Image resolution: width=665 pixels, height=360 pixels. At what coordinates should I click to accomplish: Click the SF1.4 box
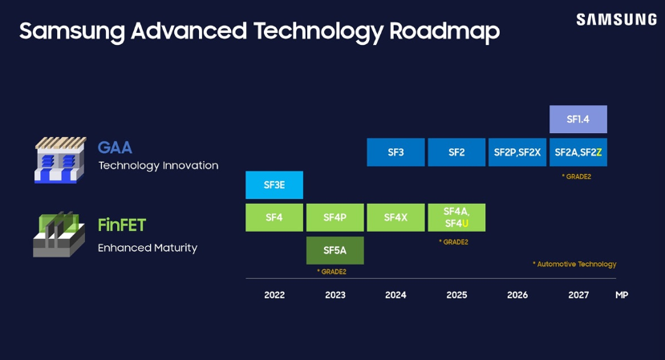coord(578,119)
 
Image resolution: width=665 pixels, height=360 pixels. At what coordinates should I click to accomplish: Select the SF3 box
coord(395,152)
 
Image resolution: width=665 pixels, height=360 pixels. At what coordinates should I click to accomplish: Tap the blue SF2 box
coord(456,152)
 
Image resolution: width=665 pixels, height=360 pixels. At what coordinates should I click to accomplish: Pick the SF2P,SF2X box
coord(517,152)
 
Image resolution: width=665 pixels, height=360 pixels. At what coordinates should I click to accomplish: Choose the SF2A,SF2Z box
coord(578,152)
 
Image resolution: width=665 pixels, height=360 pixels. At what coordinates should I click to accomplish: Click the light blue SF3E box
coord(274,185)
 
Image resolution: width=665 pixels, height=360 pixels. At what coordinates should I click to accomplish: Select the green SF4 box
coord(274,217)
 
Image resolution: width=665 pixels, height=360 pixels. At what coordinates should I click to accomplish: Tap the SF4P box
coord(335,217)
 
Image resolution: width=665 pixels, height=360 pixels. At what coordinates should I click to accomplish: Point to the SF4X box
coord(395,217)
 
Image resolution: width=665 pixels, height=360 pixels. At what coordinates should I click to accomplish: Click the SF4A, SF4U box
coord(456,217)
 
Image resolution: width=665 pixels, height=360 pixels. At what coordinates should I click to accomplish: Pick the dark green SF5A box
coord(335,250)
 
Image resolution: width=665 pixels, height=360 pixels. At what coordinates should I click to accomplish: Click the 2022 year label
coord(274,295)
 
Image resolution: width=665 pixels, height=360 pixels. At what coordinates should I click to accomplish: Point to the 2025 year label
coord(456,295)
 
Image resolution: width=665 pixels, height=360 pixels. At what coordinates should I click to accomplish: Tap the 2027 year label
coord(578,295)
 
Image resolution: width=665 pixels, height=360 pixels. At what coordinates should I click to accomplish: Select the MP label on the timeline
coord(622,295)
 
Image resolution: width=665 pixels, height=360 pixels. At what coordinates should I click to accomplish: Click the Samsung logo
coord(616,19)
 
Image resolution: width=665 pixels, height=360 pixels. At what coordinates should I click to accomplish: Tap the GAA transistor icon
coord(60,159)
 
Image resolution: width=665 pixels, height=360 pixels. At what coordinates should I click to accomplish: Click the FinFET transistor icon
coord(59,234)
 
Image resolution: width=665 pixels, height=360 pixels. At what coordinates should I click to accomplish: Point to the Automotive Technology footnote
coord(574,264)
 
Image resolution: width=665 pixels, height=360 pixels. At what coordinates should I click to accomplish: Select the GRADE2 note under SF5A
coord(331,272)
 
